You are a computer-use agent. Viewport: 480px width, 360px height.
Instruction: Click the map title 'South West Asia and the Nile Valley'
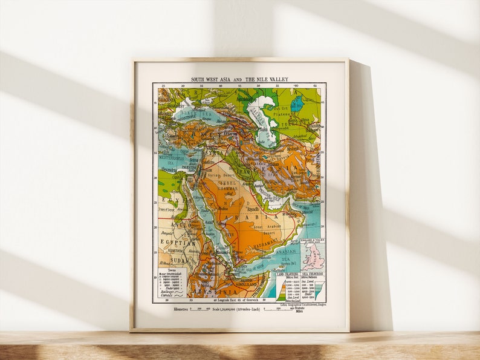coord(239,79)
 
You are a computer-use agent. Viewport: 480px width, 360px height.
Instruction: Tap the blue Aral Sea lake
coord(296,105)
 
